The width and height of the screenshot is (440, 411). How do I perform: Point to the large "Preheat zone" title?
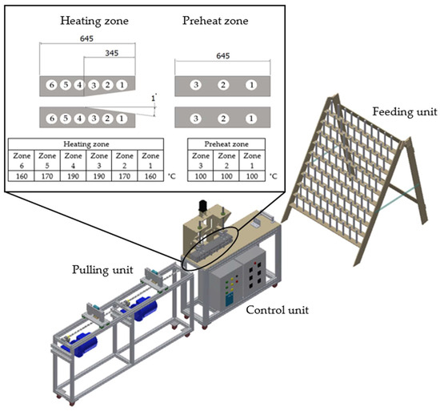(x=213, y=16)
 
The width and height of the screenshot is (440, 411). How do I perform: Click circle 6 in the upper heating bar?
(x=52, y=85)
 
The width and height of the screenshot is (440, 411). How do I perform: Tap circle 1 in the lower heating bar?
(x=121, y=119)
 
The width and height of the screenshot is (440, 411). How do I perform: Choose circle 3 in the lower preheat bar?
(x=195, y=119)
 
